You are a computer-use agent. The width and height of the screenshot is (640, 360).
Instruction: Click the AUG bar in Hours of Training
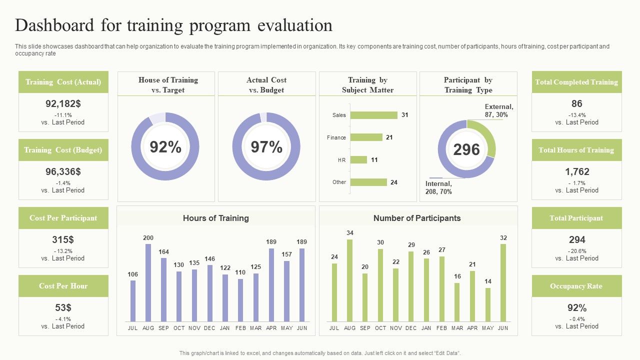[x=148, y=282]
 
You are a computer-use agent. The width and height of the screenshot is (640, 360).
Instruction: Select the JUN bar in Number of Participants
[x=503, y=282]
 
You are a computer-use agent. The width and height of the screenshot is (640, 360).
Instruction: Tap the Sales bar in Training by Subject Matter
[x=373, y=115]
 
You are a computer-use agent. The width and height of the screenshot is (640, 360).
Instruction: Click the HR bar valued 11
[x=358, y=160]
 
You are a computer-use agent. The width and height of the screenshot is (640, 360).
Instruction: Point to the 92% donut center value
[x=165, y=147]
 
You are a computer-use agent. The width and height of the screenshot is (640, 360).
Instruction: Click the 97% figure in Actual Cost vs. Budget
[x=266, y=147]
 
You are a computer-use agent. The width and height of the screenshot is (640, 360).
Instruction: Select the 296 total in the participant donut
[x=466, y=149]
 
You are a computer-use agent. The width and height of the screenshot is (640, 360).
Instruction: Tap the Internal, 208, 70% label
[x=438, y=187]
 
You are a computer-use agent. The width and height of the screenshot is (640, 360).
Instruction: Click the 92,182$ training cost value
[x=63, y=103]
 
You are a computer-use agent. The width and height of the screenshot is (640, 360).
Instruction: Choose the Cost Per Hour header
[x=63, y=286]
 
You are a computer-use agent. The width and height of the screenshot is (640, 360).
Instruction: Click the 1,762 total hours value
[x=577, y=171]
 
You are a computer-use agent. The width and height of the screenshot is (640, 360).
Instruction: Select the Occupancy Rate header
[x=576, y=286]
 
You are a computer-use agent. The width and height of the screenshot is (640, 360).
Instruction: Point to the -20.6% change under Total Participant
[x=577, y=251]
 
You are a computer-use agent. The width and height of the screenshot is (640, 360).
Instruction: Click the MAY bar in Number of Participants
[x=488, y=304]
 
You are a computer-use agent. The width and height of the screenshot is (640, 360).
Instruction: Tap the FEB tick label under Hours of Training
[x=240, y=328]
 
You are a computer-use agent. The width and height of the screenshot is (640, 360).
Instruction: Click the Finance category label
[x=336, y=137]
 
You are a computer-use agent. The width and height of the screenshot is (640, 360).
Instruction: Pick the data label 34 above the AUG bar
[x=350, y=233]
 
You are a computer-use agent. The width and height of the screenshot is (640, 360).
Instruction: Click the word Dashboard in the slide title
[x=55, y=25]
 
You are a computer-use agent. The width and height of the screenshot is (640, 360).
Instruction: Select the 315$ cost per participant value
[x=63, y=239]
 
